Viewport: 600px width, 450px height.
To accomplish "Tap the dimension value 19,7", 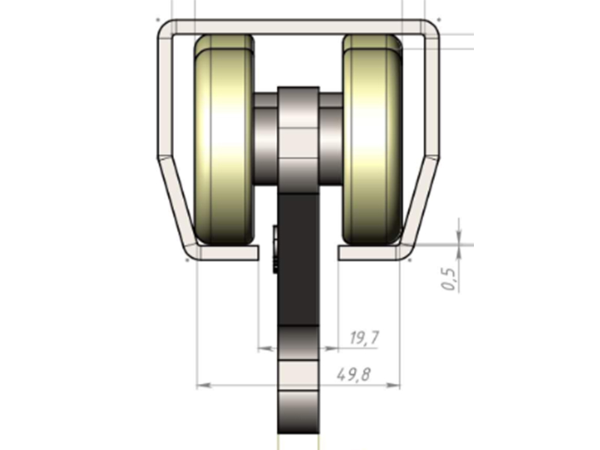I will click(x=364, y=338).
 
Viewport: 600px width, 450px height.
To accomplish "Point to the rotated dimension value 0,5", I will click(x=449, y=277).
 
